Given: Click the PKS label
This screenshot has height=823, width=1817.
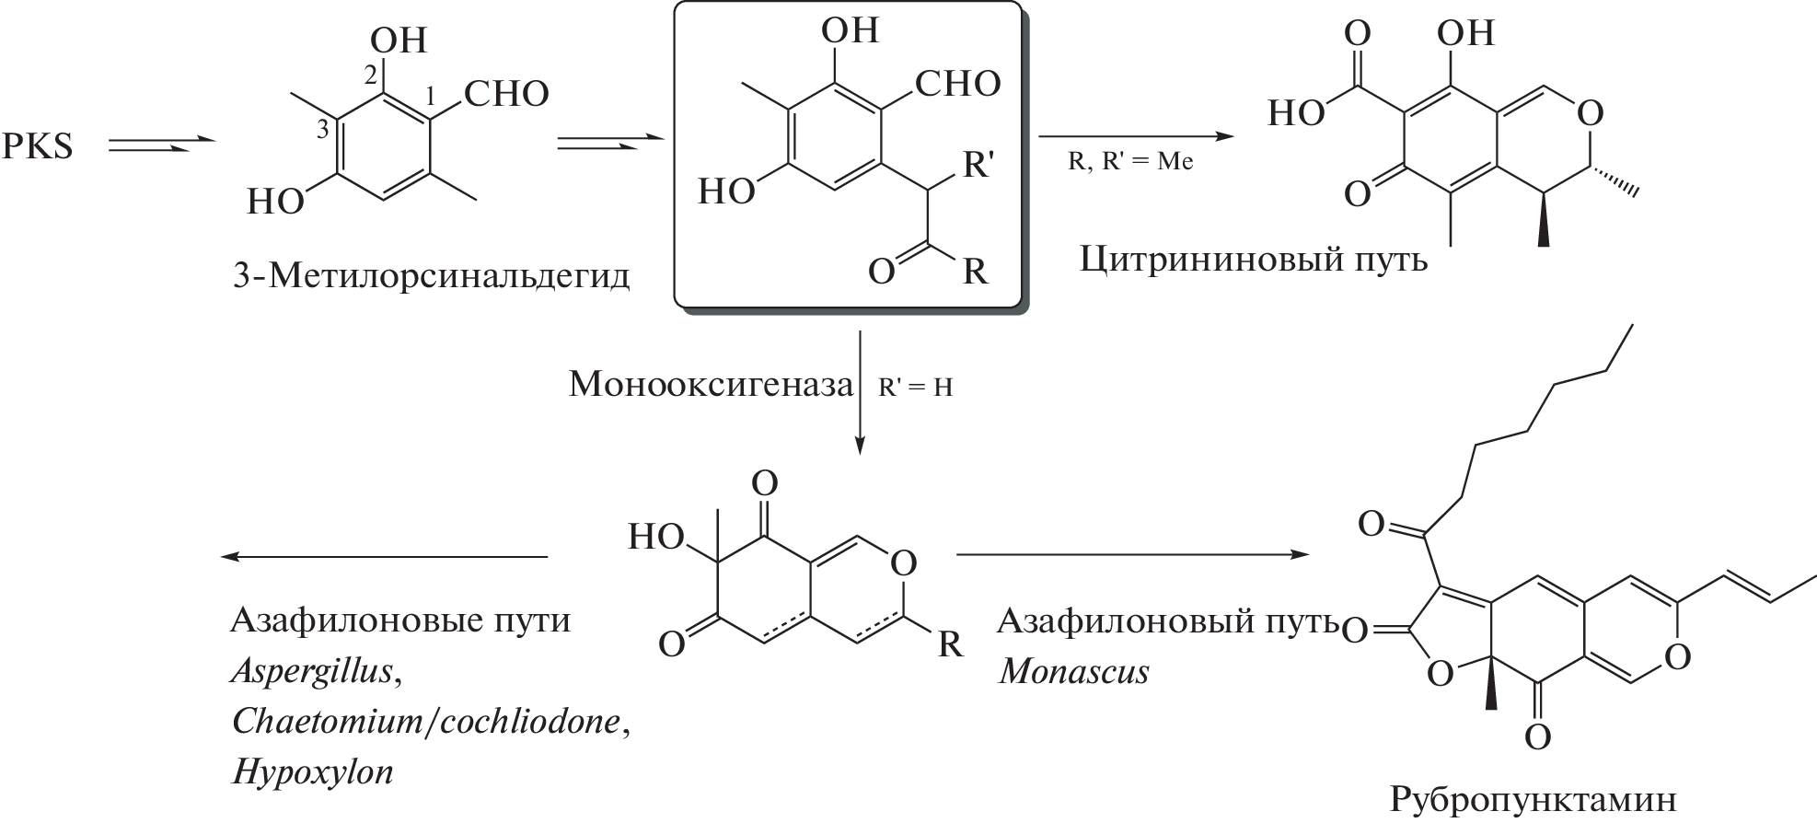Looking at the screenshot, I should click(x=37, y=146).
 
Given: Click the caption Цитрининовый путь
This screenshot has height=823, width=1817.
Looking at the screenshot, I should click(x=1254, y=260).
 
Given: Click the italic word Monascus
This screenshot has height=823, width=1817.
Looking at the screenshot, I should click(x=1074, y=671).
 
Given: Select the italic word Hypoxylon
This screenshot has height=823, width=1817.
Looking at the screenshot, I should click(x=313, y=771).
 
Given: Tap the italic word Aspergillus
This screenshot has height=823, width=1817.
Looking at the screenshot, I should click(x=313, y=671).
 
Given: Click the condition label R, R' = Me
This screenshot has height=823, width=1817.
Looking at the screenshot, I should click(x=1130, y=162).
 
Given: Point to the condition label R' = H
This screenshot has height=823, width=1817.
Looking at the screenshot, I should click(x=915, y=388).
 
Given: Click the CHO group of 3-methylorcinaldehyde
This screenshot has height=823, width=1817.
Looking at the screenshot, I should click(x=506, y=93).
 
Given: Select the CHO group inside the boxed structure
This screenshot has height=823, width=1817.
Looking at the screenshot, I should click(x=957, y=84).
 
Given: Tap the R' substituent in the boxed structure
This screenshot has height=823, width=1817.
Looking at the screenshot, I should click(x=978, y=167).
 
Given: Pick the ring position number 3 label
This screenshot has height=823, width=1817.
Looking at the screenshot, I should click(x=322, y=131).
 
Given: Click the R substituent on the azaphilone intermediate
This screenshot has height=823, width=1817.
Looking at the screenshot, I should click(x=950, y=644).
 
